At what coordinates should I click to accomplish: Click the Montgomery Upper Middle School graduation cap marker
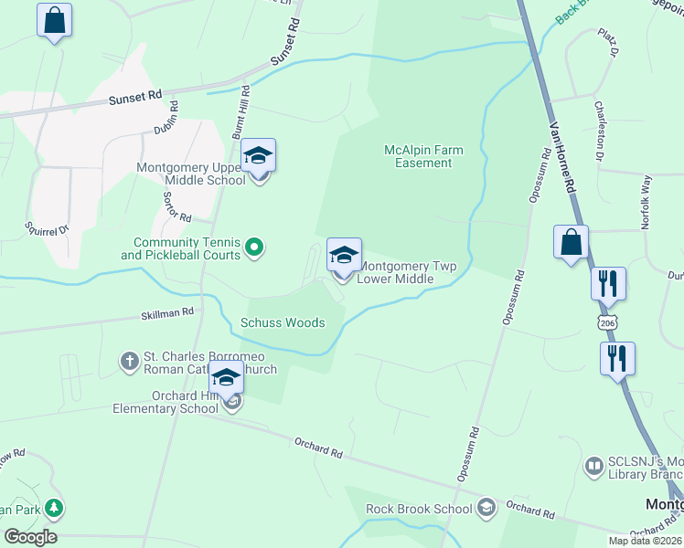pyautogui.click(x=259, y=156)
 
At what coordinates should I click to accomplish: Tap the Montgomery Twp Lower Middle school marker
pyautogui.click(x=344, y=256)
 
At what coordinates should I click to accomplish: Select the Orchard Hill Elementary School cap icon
pyautogui.click(x=226, y=378)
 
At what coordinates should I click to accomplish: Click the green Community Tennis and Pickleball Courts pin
pyautogui.click(x=256, y=246)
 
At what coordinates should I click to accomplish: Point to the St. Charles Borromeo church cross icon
pyautogui.click(x=129, y=362)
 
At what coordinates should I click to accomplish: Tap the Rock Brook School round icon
pyautogui.click(x=487, y=507)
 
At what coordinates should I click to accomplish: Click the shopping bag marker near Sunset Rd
pyautogui.click(x=54, y=20)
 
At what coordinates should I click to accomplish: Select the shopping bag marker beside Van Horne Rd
pyautogui.click(x=571, y=243)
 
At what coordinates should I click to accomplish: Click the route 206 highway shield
pyautogui.click(x=608, y=323)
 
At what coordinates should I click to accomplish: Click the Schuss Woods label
pyautogui.click(x=283, y=322)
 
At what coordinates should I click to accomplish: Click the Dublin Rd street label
pyautogui.click(x=166, y=118)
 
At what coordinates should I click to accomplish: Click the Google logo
pyautogui.click(x=30, y=537)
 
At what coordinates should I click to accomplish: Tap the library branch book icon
pyautogui.click(x=593, y=466)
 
